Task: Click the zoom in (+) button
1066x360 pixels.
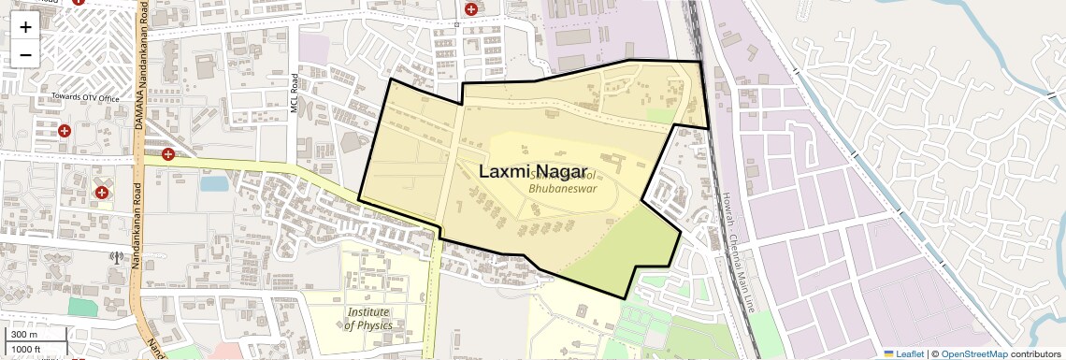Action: [25, 27]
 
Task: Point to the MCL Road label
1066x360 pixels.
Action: [294, 94]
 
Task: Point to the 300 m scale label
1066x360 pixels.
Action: [24, 335]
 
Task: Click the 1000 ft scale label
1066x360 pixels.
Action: [26, 349]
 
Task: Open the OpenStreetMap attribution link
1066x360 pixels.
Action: [973, 353]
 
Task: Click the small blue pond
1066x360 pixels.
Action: [213, 183]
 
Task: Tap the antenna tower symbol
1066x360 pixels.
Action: [116, 257]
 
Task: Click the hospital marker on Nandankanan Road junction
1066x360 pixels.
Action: [167, 154]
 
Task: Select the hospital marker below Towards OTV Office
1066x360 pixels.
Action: [65, 131]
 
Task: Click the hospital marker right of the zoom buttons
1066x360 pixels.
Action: [79, 2]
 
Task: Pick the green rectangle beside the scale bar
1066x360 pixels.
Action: [81, 306]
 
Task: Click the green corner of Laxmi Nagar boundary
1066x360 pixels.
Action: [636, 248]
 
